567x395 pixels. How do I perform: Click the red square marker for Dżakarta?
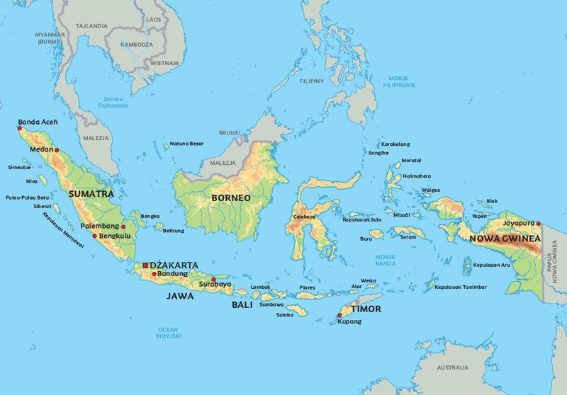click(145, 265)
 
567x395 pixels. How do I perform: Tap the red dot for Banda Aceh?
click(19, 128)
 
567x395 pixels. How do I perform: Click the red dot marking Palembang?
click(123, 227)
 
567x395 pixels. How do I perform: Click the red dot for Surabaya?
click(213, 279)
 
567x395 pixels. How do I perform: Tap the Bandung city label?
click(173, 273)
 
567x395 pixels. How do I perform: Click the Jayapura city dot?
click(538, 224)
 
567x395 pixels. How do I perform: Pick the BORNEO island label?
click(228, 197)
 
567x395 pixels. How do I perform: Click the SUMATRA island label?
click(88, 192)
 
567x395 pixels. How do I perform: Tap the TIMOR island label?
click(368, 309)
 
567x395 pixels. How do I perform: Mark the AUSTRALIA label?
click(451, 368)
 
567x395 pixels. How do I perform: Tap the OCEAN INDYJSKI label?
click(169, 334)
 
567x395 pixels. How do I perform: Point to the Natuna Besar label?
click(188, 144)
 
